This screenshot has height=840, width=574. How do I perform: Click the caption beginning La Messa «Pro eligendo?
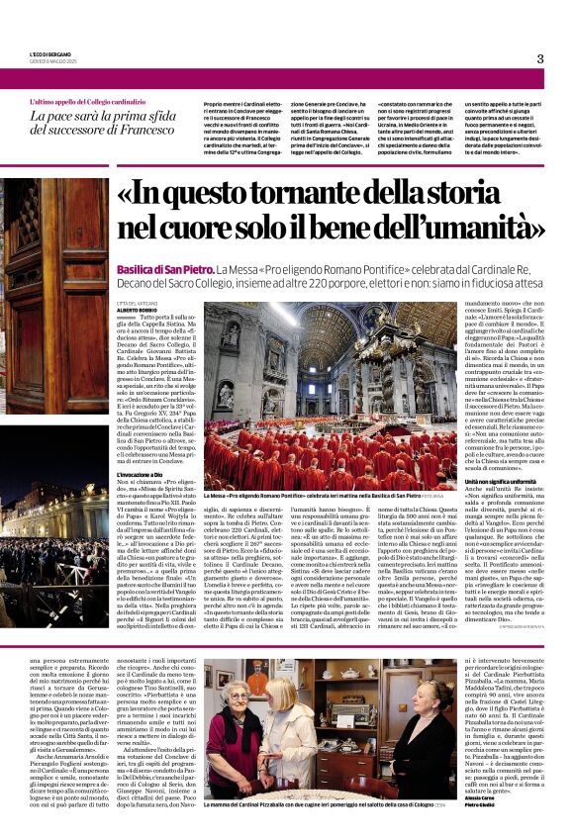click(x=297, y=493)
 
